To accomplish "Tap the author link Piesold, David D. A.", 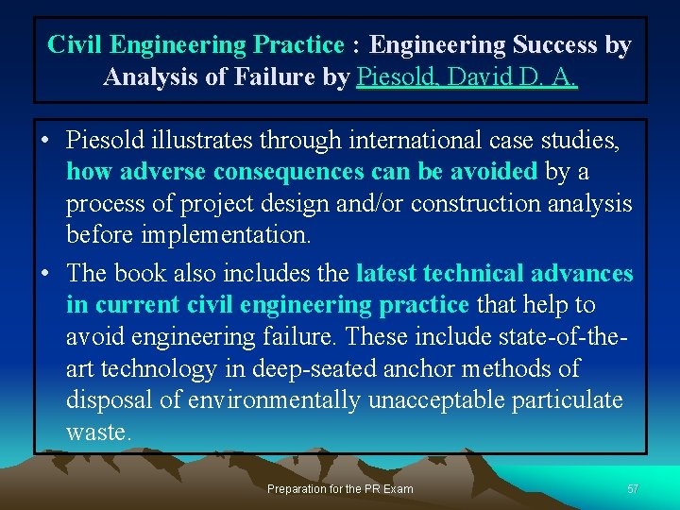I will coord(467,76).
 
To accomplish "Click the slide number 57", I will coord(633,489).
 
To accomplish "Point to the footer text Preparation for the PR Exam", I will coord(340,489).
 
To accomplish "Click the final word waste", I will coord(97,433).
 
